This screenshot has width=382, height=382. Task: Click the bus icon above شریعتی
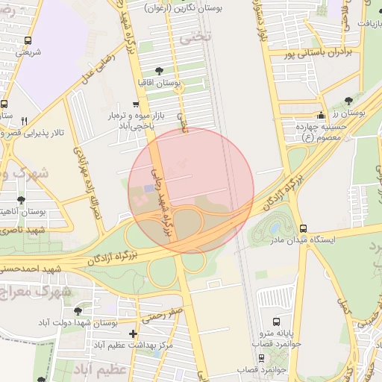click(x=28, y=41)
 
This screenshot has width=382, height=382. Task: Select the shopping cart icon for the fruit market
click(x=134, y=104)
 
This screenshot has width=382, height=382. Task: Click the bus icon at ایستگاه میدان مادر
click(x=302, y=229)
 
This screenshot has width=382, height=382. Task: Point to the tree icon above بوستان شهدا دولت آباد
click(x=78, y=311)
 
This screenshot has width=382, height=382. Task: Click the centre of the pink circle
click(x=191, y=191)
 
